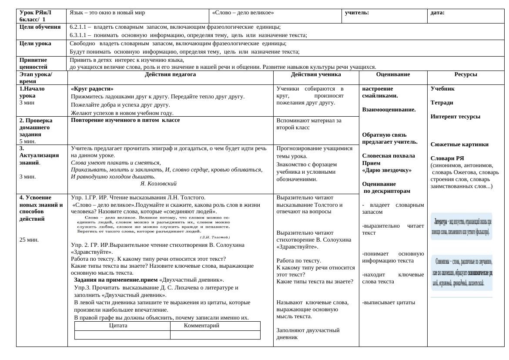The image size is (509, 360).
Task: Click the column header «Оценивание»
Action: coord(393,74)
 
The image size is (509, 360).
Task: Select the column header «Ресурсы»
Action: coord(465,74)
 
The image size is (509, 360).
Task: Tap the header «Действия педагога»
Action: coord(170,74)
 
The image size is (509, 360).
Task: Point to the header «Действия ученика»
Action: coord(316,74)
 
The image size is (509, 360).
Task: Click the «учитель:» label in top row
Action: coord(357,13)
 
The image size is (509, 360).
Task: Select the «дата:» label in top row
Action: coord(437,13)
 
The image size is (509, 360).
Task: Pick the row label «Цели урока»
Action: coord(35,44)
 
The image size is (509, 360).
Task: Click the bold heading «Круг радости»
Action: coord(92,88)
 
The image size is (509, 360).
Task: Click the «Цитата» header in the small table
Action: coord(118,326)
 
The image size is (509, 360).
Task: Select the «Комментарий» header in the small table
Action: coord(201,326)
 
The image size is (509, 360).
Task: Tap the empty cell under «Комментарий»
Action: coord(215,335)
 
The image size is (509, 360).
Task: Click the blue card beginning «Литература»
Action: coord(462,226)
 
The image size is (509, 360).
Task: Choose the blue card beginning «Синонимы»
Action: coord(462,273)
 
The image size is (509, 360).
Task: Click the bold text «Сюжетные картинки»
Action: coord(459,145)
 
